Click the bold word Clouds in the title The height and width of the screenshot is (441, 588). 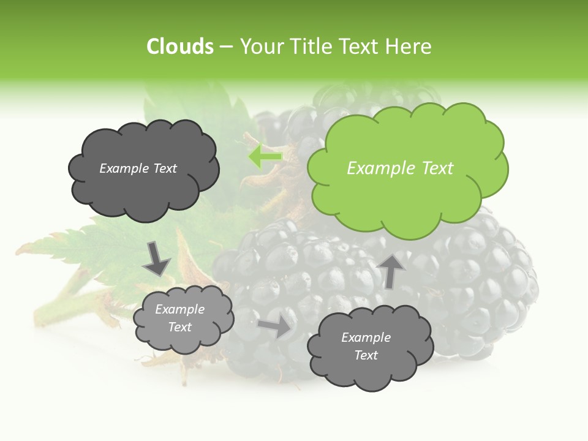[179, 47]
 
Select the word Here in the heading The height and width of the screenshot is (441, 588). [409, 47]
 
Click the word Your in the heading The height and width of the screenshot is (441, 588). [262, 47]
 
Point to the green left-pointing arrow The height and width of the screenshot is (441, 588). [265, 157]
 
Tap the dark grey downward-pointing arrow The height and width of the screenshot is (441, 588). [157, 259]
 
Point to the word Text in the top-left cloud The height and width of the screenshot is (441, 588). [165, 168]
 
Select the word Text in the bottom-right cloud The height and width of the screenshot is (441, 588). [366, 355]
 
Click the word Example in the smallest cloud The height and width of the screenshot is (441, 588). [179, 309]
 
